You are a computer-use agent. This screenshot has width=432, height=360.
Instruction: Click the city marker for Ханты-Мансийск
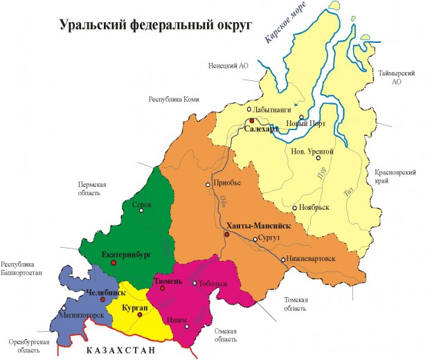click(x=226, y=235)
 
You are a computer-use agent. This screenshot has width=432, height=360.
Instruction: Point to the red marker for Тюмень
click(x=161, y=289)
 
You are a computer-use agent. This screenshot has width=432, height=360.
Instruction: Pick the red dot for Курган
click(x=140, y=314)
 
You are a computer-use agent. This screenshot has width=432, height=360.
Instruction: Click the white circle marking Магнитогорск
click(x=64, y=309)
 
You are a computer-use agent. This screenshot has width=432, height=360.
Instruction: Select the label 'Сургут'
click(x=271, y=238)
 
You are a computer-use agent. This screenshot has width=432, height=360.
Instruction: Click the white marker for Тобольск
click(x=195, y=283)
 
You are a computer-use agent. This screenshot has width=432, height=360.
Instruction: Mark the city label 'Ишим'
click(x=176, y=319)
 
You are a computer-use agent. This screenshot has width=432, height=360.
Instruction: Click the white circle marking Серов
click(x=142, y=210)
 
